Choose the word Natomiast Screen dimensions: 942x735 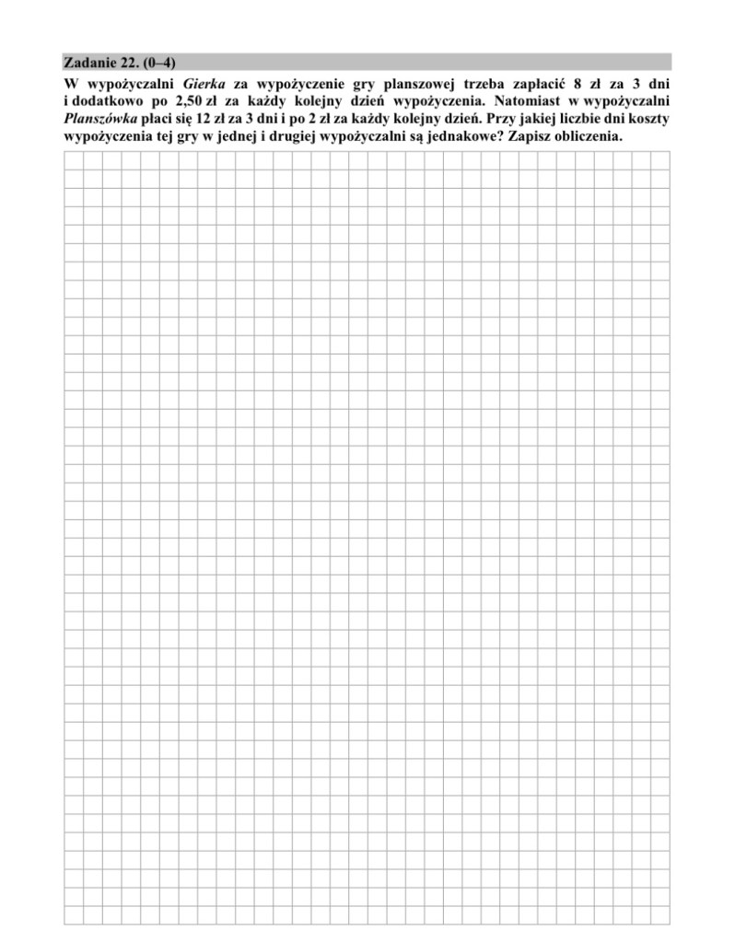click(519, 101)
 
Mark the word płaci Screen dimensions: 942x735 click(157, 119)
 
